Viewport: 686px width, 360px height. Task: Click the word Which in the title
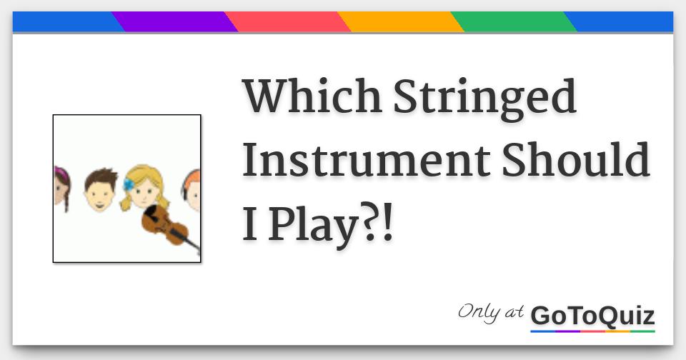(x=312, y=96)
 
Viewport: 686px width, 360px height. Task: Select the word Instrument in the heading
(x=367, y=159)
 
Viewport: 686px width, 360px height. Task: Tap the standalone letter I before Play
(x=250, y=224)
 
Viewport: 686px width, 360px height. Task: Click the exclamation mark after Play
(x=387, y=224)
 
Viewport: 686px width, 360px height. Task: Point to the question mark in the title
(x=369, y=224)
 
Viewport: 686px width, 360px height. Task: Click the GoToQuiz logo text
(x=593, y=316)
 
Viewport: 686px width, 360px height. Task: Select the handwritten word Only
(x=479, y=312)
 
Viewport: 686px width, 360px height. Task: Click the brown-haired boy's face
(x=101, y=191)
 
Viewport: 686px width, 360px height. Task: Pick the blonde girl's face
(x=144, y=188)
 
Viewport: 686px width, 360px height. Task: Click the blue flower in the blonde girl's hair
(x=129, y=184)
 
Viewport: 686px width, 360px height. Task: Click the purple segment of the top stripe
(x=175, y=22)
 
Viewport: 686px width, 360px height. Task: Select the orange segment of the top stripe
(x=401, y=22)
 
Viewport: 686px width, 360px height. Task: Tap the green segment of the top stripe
(x=514, y=22)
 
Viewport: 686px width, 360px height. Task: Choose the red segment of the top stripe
(x=288, y=22)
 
